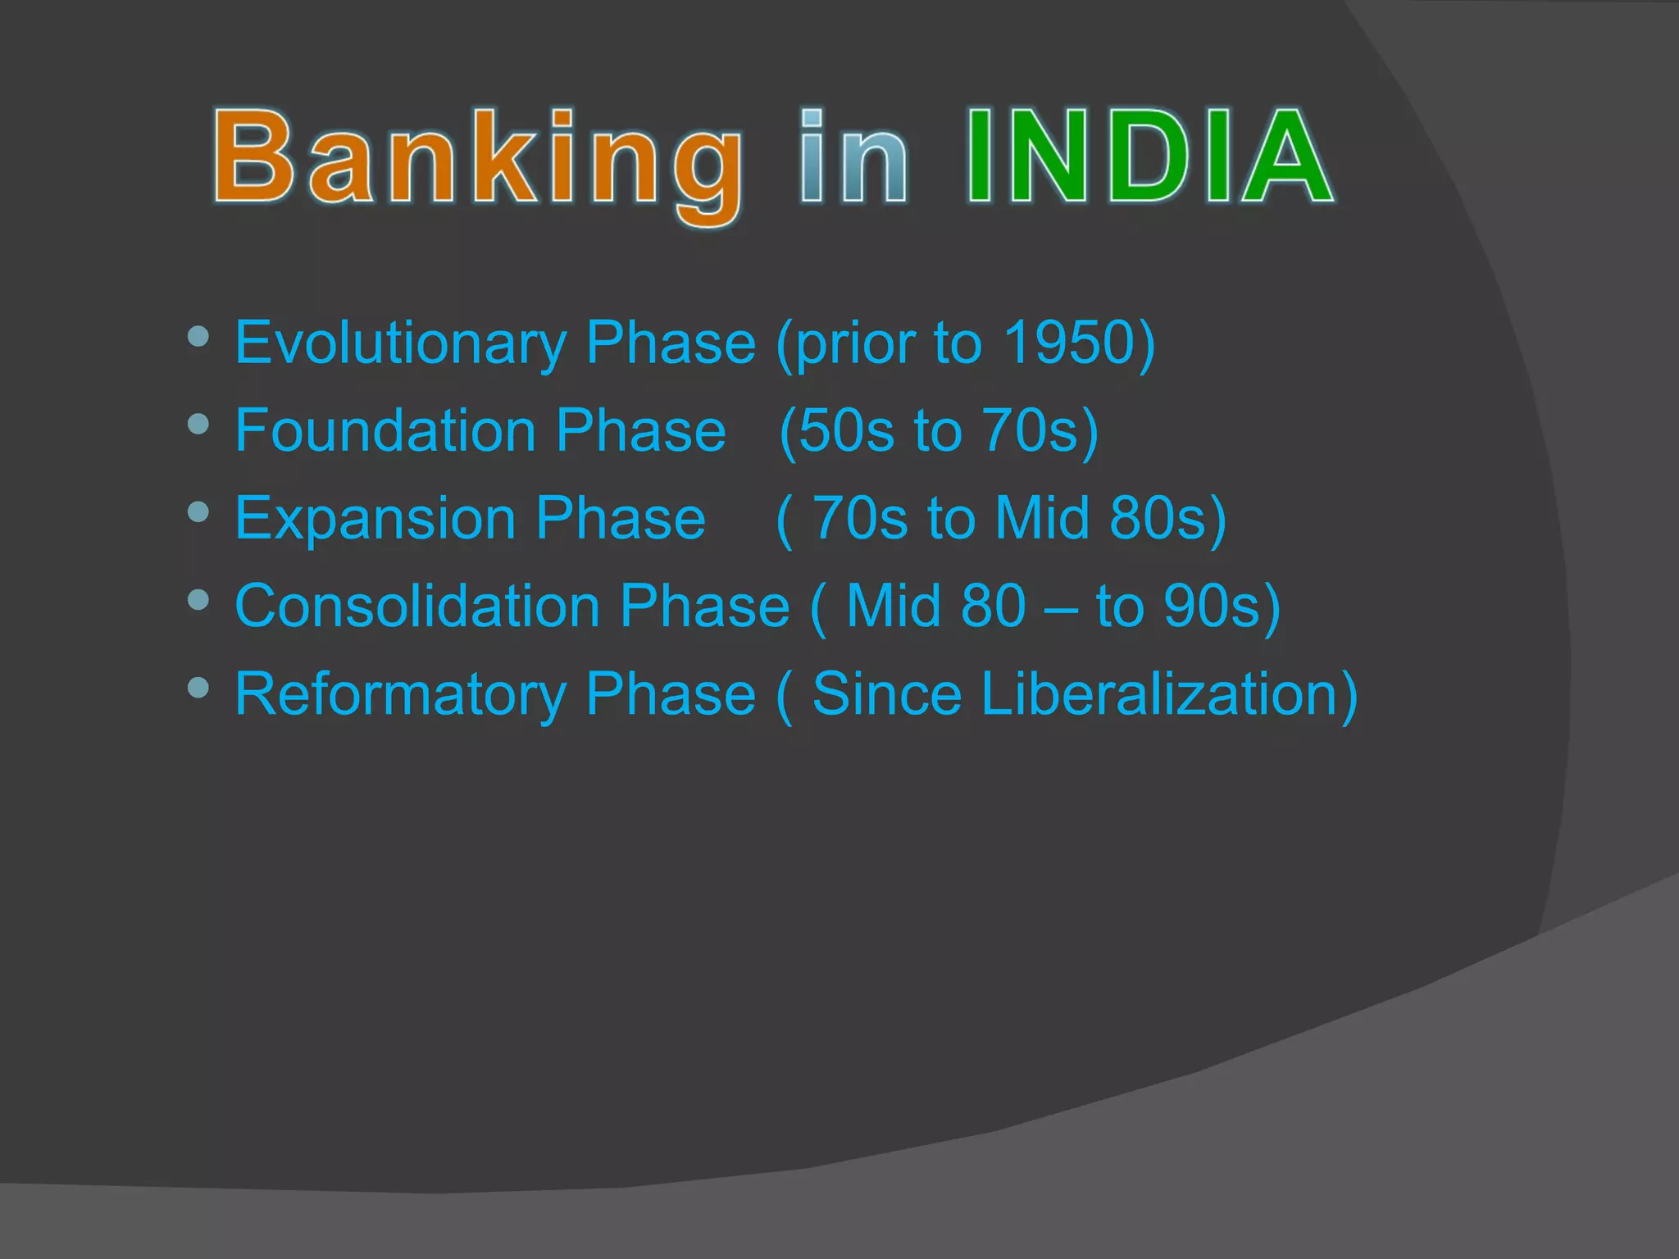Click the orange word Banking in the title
pos(480,160)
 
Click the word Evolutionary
pos(400,343)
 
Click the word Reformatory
pos(400,694)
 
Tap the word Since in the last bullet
pos(886,694)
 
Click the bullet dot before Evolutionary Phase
pos(198,336)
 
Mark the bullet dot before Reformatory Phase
pos(198,687)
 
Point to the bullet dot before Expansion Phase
pos(198,511)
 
